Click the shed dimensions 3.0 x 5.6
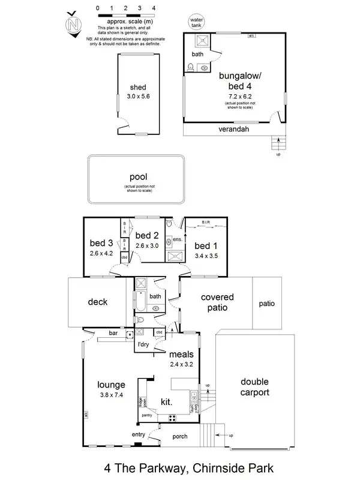click(x=138, y=95)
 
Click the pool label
click(x=138, y=177)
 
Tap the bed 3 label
click(x=101, y=243)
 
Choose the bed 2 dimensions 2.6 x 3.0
click(x=146, y=245)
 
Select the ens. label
click(x=177, y=239)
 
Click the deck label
click(x=97, y=302)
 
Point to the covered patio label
click(x=217, y=302)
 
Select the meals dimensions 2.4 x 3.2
click(x=181, y=364)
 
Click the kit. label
click(x=167, y=401)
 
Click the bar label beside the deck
click(x=113, y=332)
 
